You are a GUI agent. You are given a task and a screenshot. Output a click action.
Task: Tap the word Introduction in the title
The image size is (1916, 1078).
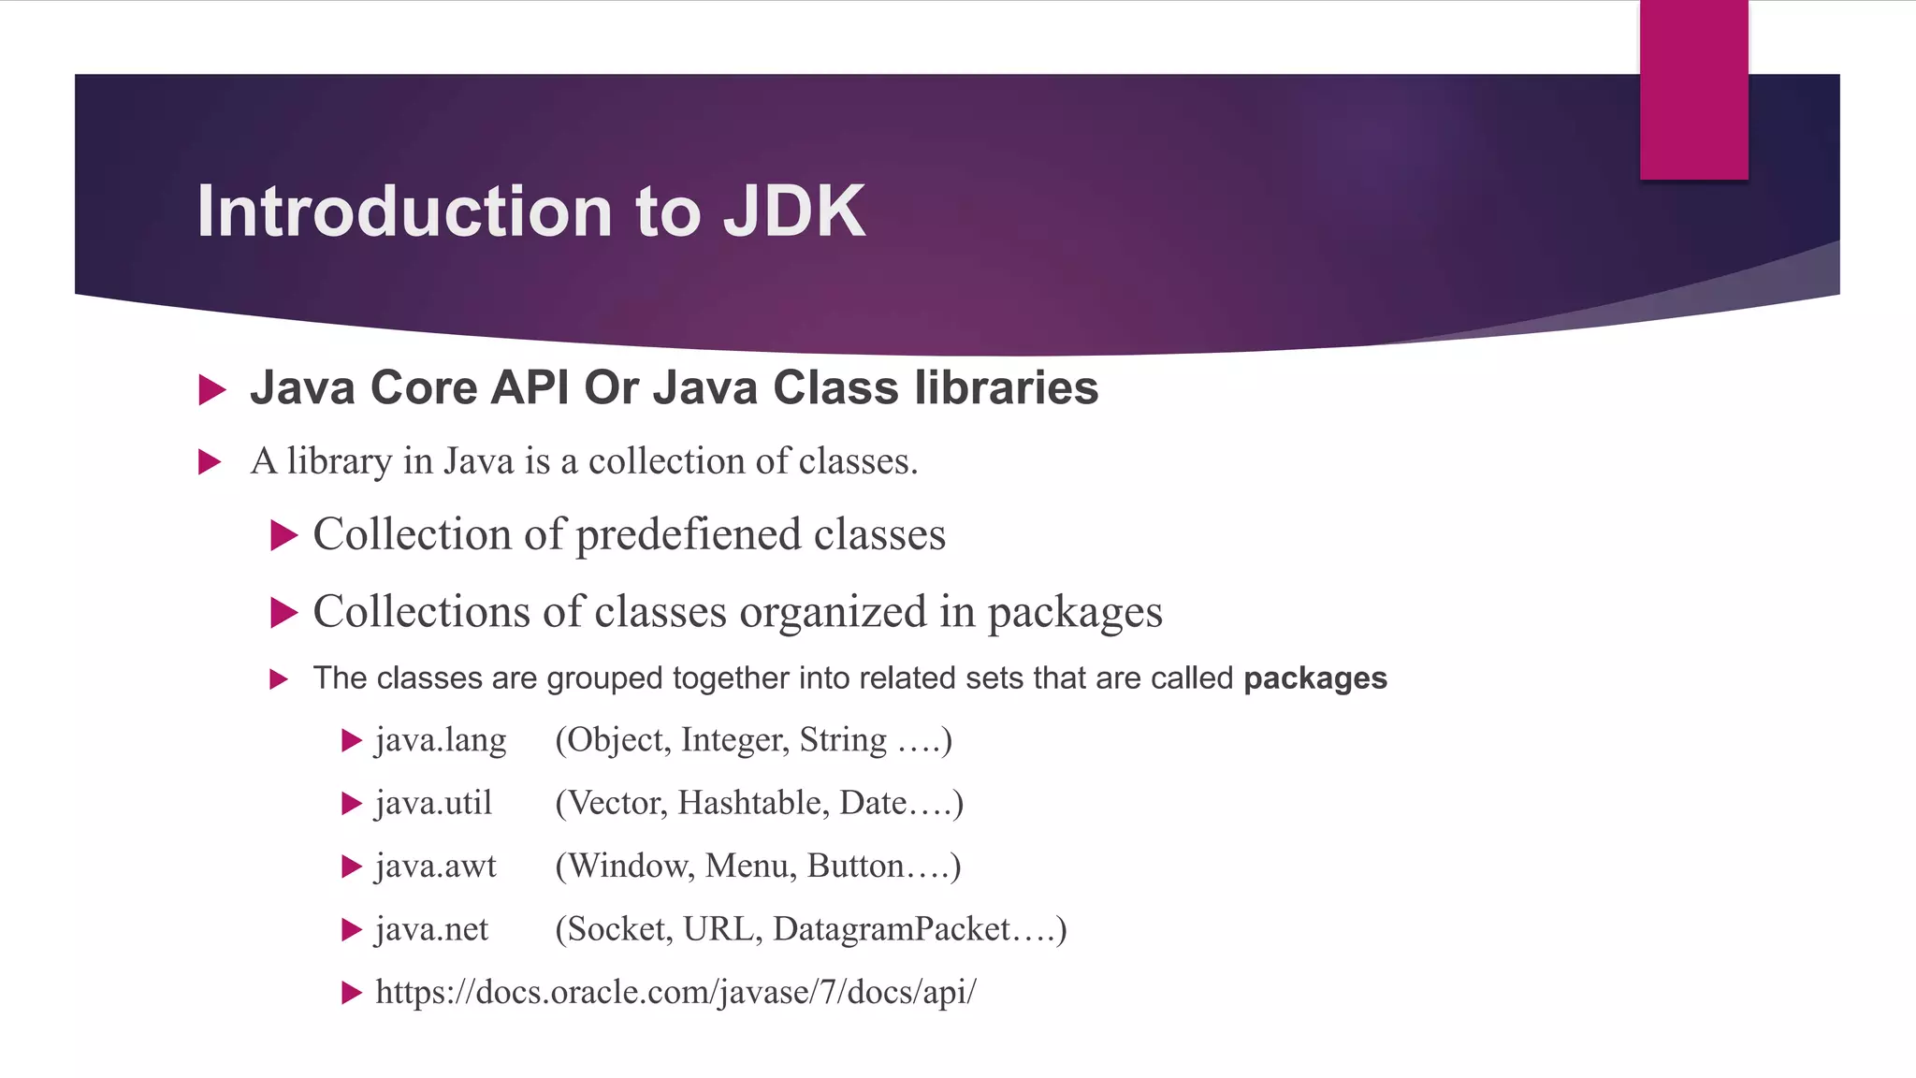(404, 211)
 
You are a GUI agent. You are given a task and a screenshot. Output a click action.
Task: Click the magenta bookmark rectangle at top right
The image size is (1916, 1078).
(1693, 89)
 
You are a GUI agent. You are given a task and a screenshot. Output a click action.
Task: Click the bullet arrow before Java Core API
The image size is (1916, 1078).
(212, 389)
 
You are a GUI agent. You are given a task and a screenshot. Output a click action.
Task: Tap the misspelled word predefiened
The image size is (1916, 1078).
(689, 535)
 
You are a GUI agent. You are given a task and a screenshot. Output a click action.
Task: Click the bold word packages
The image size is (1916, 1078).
(1314, 677)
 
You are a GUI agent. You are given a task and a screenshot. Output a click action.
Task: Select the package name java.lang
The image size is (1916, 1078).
(441, 740)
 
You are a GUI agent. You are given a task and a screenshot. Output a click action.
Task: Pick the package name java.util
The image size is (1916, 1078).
(433, 803)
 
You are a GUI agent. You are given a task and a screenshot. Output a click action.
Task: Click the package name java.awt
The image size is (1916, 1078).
(436, 866)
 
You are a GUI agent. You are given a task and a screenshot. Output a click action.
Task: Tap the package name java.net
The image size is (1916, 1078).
(431, 929)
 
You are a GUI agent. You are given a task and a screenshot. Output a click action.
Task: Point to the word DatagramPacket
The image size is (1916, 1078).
(892, 929)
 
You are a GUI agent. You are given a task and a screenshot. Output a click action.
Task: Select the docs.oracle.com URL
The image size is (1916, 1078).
(675, 992)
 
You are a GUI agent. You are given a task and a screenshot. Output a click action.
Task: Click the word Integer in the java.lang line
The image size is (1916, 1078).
(733, 740)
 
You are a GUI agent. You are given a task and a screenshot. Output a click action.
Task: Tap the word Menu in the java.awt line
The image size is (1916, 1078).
(749, 866)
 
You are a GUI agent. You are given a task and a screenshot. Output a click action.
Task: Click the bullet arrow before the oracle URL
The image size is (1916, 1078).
(352, 993)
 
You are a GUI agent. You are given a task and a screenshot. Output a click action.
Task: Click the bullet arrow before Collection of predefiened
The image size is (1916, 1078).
(283, 536)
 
